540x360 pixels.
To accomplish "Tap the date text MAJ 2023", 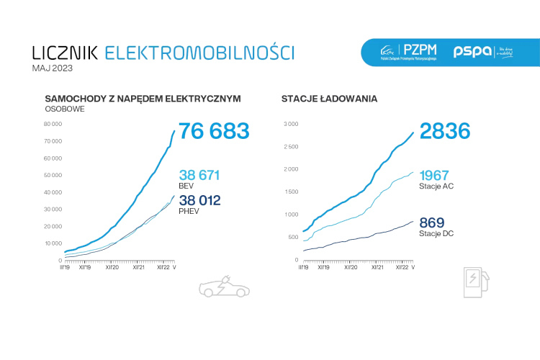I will click(x=53, y=68).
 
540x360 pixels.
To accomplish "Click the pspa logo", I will click(x=473, y=52).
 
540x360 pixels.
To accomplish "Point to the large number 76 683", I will click(x=214, y=131).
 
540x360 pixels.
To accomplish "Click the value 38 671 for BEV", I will click(x=199, y=175).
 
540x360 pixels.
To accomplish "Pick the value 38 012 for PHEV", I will click(x=199, y=200).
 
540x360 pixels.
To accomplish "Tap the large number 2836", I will click(x=444, y=131).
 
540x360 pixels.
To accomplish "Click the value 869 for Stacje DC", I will click(x=431, y=222).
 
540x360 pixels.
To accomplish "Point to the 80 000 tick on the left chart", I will click(x=53, y=123).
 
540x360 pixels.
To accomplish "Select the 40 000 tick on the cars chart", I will click(x=53, y=192).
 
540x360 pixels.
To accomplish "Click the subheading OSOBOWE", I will click(x=65, y=109).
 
